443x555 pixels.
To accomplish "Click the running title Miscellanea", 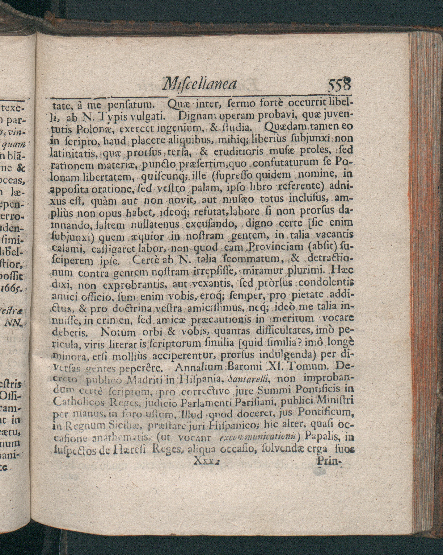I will (x=199, y=84).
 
